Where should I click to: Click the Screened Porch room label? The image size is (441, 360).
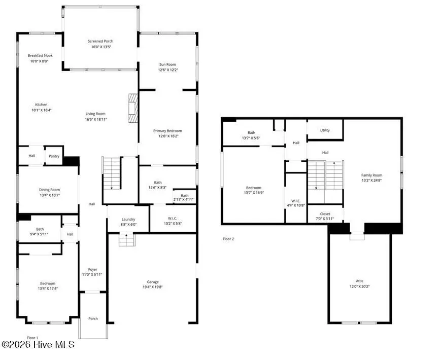pyautogui.click(x=100, y=41)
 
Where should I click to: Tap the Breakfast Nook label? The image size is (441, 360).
pyautogui.click(x=40, y=55)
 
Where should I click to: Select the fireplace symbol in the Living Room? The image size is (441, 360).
pyautogui.click(x=133, y=108)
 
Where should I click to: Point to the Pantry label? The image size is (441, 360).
pyautogui.click(x=54, y=156)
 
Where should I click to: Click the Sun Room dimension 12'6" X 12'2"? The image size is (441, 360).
pyautogui.click(x=167, y=69)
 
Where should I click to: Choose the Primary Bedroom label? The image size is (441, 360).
pyautogui.click(x=167, y=130)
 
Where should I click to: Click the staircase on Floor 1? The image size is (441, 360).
pyautogui.click(x=111, y=173)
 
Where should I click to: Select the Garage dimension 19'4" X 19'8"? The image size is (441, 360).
pyautogui.click(x=153, y=287)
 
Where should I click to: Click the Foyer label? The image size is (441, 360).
pyautogui.click(x=92, y=269)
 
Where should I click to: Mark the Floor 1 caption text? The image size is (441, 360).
pyautogui.click(x=32, y=338)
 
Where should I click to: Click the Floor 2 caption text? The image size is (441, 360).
pyautogui.click(x=228, y=238)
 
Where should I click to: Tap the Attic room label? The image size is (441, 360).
pyautogui.click(x=360, y=280)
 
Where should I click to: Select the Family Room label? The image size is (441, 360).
pyautogui.click(x=371, y=175)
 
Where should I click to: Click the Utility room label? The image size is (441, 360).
pyautogui.click(x=325, y=130)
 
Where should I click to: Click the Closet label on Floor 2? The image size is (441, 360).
pyautogui.click(x=325, y=213)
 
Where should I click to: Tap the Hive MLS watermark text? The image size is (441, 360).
pyautogui.click(x=38, y=344)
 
